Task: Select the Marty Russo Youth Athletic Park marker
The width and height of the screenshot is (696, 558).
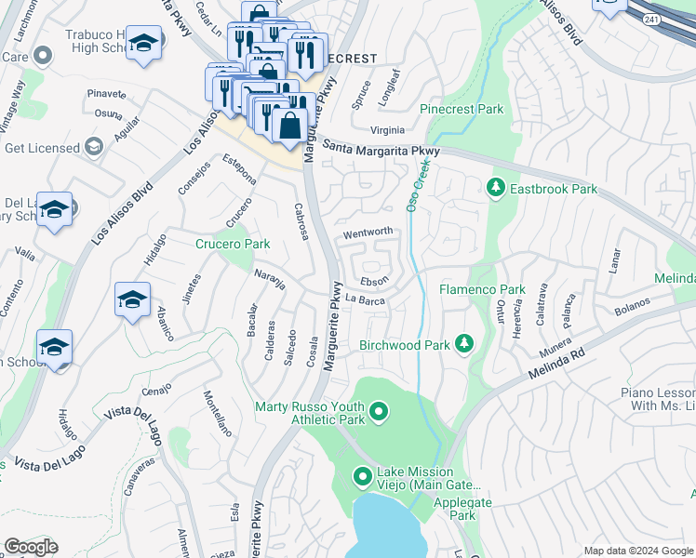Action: [x=378, y=411]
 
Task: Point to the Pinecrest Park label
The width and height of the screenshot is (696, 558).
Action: [x=462, y=110]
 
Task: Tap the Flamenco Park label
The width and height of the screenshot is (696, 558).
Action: [x=482, y=290]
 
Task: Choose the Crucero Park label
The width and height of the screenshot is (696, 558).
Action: [x=232, y=245]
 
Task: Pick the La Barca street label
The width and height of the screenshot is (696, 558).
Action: [x=365, y=299]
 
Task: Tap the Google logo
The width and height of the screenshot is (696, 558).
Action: [x=31, y=547]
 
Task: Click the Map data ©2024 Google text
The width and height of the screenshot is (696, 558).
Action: [x=638, y=551]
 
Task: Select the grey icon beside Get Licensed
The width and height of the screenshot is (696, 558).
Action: [x=93, y=147]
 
